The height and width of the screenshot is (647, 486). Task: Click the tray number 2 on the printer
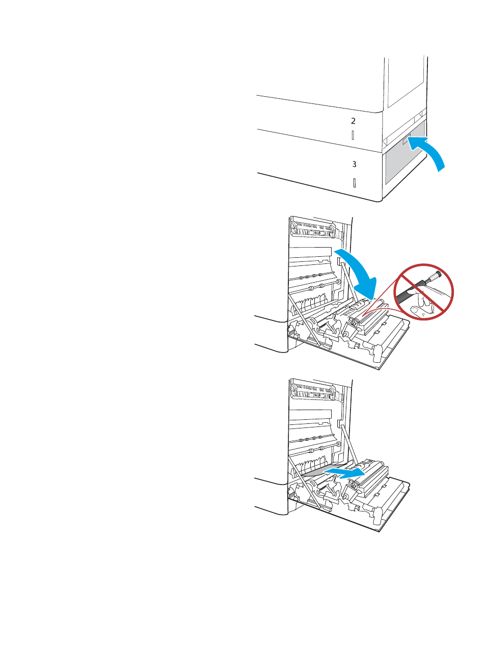tap(353, 121)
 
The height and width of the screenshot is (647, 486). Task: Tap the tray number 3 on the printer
tap(354, 164)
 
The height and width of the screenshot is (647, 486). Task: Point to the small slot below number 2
tap(353, 136)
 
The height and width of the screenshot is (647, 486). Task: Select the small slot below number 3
tap(354, 183)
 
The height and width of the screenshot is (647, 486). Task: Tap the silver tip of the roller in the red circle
tap(435, 278)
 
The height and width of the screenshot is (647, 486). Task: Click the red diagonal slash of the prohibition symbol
tap(423, 291)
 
